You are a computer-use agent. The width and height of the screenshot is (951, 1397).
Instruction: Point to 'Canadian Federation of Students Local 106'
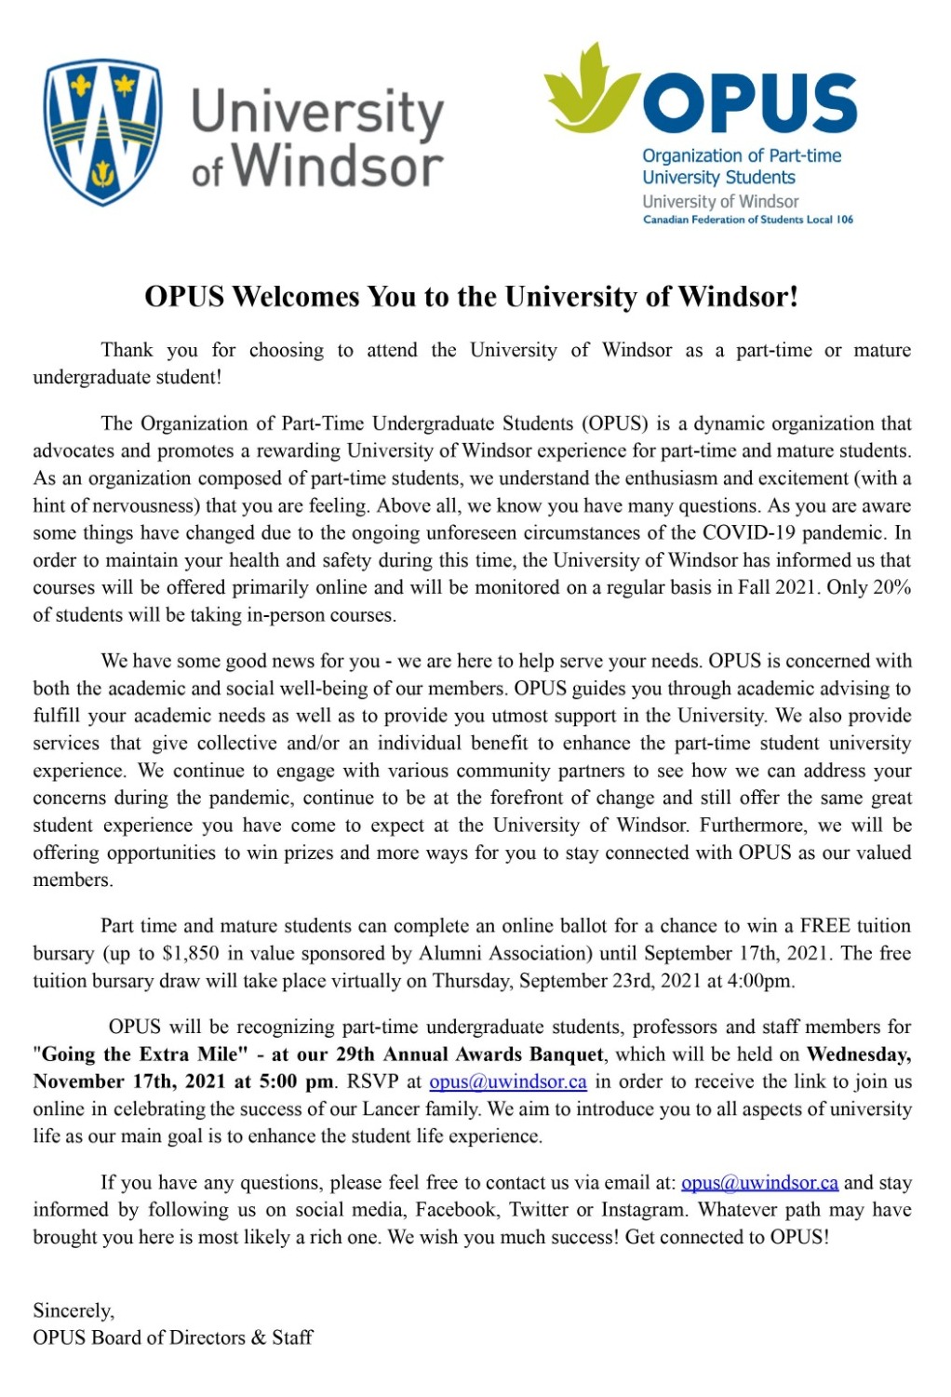(x=747, y=220)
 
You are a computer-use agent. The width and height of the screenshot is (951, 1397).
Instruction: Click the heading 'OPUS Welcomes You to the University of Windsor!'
(x=472, y=297)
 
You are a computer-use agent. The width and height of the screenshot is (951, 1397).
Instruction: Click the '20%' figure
(x=891, y=588)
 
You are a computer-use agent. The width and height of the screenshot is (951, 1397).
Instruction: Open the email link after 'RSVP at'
(x=507, y=1082)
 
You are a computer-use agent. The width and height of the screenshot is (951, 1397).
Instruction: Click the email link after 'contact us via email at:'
(x=759, y=1183)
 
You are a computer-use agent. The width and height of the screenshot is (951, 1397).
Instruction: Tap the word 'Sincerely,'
(x=74, y=1310)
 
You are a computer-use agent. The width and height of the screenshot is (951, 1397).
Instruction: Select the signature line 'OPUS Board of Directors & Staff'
(x=173, y=1337)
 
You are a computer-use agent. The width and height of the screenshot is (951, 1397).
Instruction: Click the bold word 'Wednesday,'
(x=858, y=1054)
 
